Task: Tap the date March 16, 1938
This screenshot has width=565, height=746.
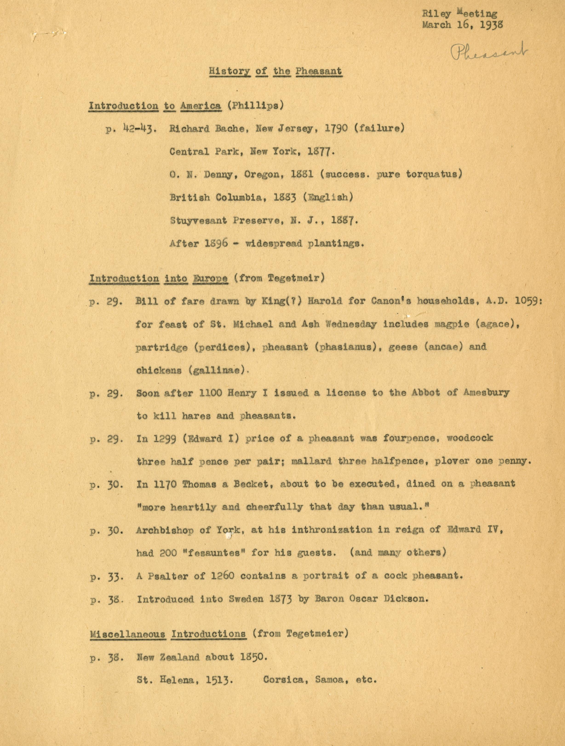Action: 462,25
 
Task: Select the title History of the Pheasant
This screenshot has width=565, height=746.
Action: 275,71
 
